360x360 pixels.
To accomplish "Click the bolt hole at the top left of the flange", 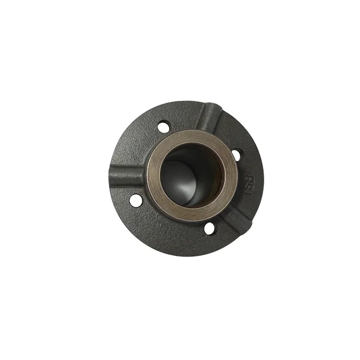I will click(x=163, y=127).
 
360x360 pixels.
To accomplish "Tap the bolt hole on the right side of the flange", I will click(x=236, y=155).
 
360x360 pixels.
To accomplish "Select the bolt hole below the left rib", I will click(x=136, y=200).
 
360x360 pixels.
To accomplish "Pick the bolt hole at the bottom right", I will click(x=210, y=228).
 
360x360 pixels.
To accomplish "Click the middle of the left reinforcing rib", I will click(x=128, y=175).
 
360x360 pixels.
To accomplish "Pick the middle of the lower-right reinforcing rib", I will click(x=235, y=217).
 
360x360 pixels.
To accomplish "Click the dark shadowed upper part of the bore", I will click(x=191, y=155).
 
